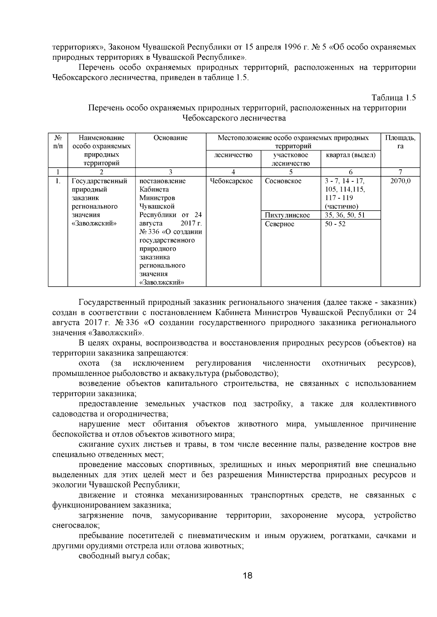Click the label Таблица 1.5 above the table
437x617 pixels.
[393, 98]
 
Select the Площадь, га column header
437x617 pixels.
[400, 142]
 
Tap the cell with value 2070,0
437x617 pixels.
[400, 181]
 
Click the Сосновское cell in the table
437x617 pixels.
[283, 181]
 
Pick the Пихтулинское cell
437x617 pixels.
[287, 215]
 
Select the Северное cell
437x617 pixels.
[280, 224]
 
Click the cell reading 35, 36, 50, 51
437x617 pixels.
[345, 215]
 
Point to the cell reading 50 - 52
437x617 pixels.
[335, 224]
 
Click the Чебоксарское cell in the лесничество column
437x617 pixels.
[232, 181]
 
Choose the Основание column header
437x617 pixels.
[170, 138]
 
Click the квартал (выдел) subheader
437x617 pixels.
[350, 155]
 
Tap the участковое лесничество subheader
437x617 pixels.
[290, 159]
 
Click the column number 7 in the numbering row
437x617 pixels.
[400, 172]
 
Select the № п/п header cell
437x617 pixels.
[58, 142]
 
